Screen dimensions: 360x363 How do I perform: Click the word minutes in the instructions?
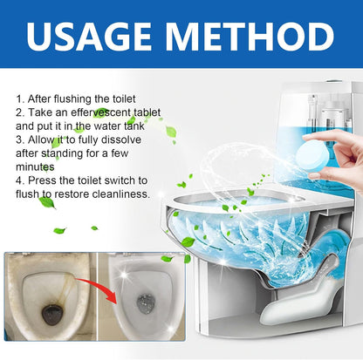click(35, 166)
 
